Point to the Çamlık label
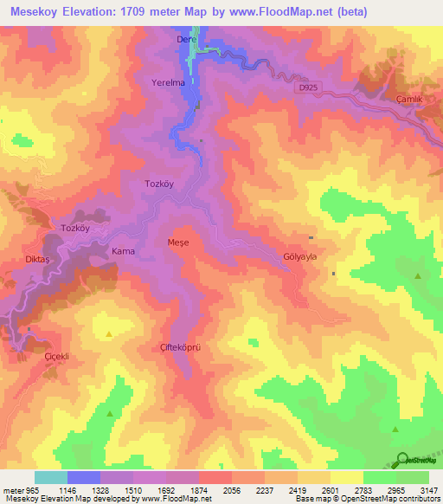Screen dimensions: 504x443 point(408,100)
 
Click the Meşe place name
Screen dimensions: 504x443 point(177,243)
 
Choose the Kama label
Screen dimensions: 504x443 point(122,251)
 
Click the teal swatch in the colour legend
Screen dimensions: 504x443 point(51,477)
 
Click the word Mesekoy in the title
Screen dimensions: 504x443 point(41,12)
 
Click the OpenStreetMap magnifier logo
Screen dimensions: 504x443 point(403,459)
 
